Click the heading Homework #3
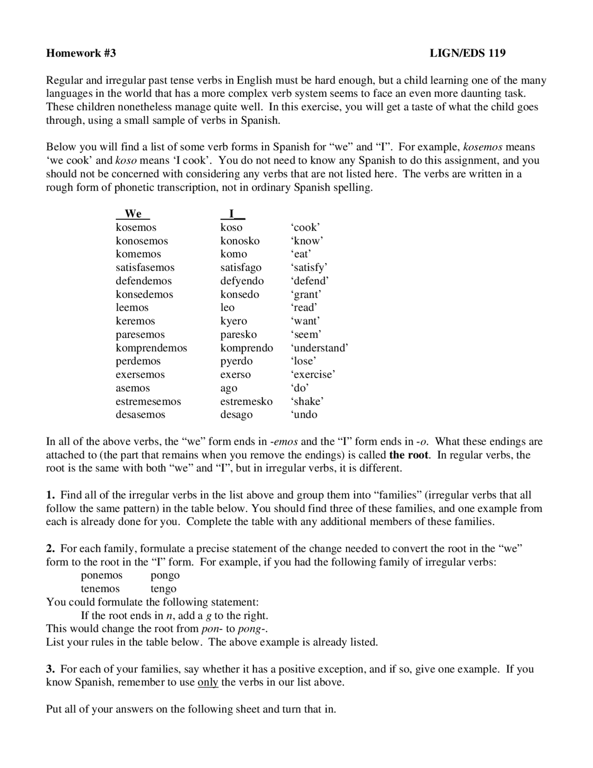pos(81,53)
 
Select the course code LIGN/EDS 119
pos(467,53)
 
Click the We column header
pos(133,214)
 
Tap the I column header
pos(232,214)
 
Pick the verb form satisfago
pos(240,268)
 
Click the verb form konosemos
pos(142,241)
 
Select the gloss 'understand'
pos(319,348)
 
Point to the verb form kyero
pos(233,321)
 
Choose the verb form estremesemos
pos(148,402)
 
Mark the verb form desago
pos(236,415)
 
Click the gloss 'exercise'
pos(313,375)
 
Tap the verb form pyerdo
pos(236,361)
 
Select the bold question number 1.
pos(50,495)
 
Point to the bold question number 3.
pos(50,669)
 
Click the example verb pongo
pos(165,576)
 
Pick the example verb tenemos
pos(100,589)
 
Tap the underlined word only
pos(208,683)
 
